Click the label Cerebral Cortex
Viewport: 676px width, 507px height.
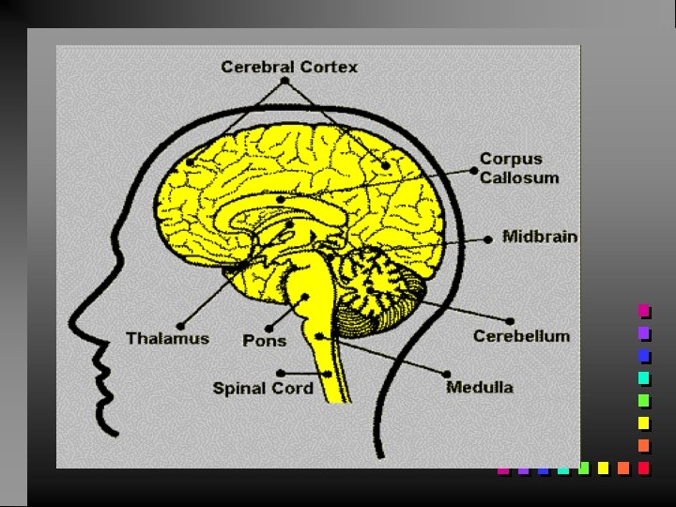pyautogui.click(x=289, y=67)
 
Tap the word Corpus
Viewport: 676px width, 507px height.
pyautogui.click(x=511, y=160)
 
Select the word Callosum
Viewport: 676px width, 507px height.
pyautogui.click(x=519, y=177)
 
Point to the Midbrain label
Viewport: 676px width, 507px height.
pyautogui.click(x=540, y=237)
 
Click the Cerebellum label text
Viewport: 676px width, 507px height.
pyautogui.click(x=521, y=335)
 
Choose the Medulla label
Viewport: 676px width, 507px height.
pyautogui.click(x=480, y=386)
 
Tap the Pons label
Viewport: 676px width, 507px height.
pyautogui.click(x=265, y=340)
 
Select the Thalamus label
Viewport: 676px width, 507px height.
pyautogui.click(x=168, y=338)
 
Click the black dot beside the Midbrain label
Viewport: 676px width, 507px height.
pyautogui.click(x=488, y=239)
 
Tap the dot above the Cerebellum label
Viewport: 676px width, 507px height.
pyautogui.click(x=510, y=319)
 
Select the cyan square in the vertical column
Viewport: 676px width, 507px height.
pyautogui.click(x=644, y=378)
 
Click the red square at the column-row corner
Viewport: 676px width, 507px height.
pyautogui.click(x=644, y=467)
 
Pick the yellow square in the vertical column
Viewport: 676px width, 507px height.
pyautogui.click(x=644, y=422)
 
